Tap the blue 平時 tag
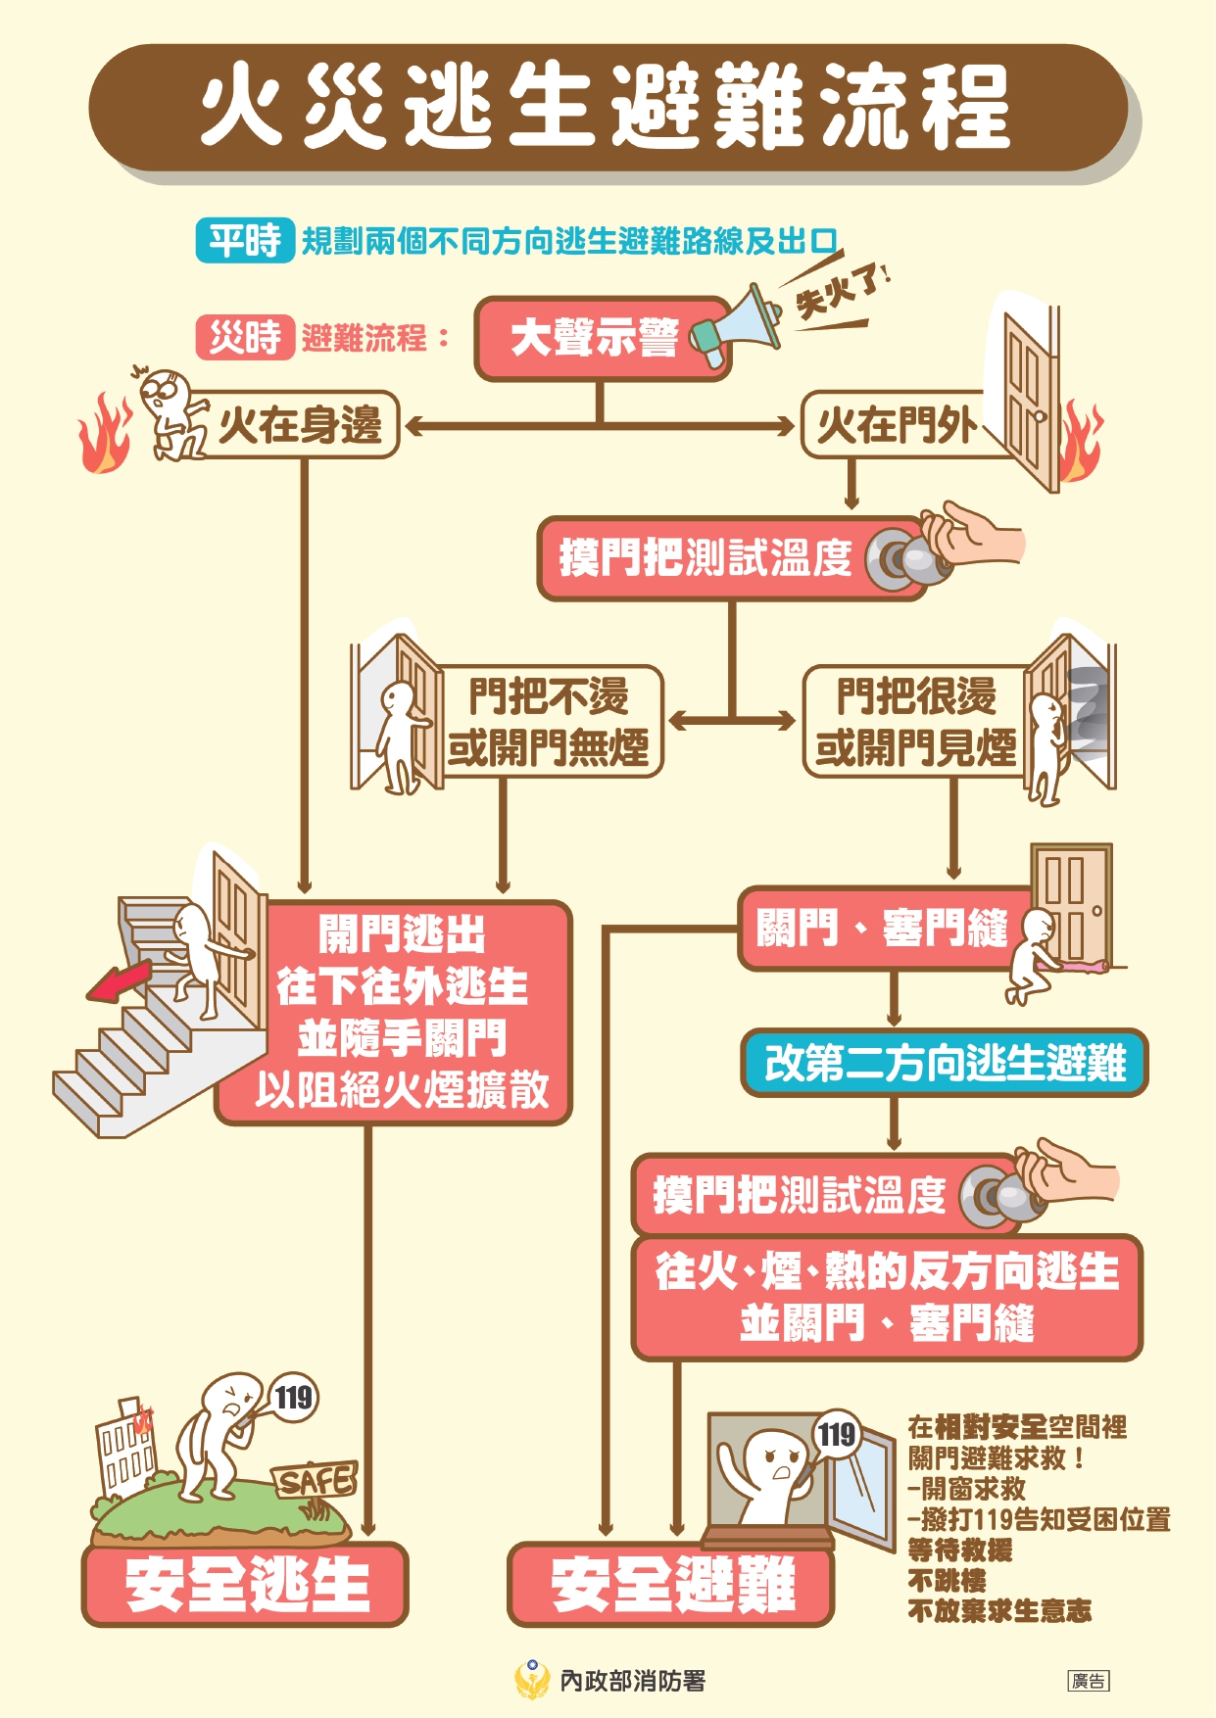click(x=245, y=239)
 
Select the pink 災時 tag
click(x=245, y=338)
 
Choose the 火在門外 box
click(x=894, y=424)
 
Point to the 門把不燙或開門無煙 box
click(x=549, y=722)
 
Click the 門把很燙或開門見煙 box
click(x=916, y=722)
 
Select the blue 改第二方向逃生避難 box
click(x=944, y=1063)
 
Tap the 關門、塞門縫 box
click(x=882, y=929)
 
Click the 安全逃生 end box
click(x=245, y=1584)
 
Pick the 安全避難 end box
click(x=671, y=1584)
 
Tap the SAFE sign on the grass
click(x=314, y=1480)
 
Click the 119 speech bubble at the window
click(x=836, y=1435)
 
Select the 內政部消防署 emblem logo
click(x=532, y=1680)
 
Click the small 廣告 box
click(x=1088, y=1681)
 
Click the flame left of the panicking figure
click(x=105, y=436)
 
